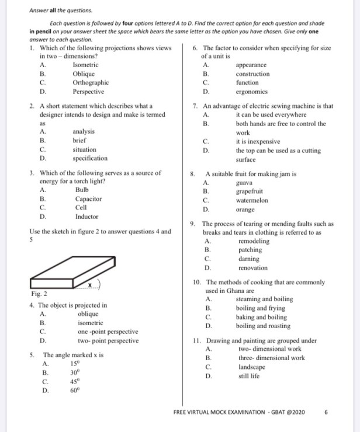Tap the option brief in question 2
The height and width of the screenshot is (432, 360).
tap(79, 141)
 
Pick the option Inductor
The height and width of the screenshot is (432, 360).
tap(86, 216)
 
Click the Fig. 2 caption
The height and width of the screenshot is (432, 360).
tap(38, 293)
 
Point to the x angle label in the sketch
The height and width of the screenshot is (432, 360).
tap(91, 284)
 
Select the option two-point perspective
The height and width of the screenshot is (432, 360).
tap(108, 340)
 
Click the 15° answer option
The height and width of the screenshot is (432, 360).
tap(74, 364)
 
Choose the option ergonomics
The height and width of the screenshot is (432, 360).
tap(252, 92)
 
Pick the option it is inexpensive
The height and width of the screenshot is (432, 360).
tap(258, 141)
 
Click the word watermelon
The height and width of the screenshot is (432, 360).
tap(252, 200)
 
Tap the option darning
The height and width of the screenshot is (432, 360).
tap(248, 259)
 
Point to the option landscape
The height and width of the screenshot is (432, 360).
tap(252, 367)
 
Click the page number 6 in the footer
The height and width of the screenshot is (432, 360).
tap(326, 412)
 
